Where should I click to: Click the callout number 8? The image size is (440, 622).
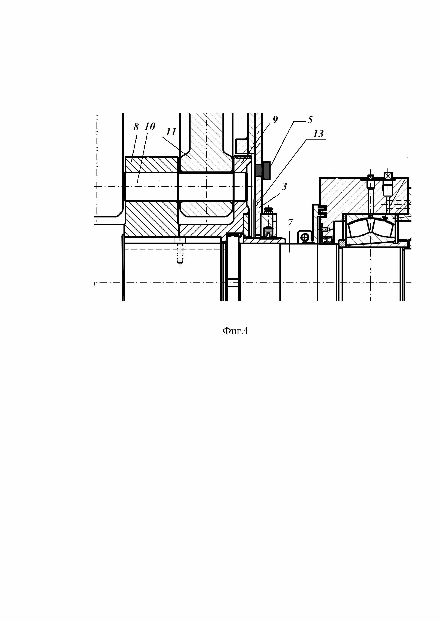coord(136,127)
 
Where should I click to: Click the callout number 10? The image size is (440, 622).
coord(150,126)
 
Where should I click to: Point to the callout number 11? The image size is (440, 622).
coord(171,132)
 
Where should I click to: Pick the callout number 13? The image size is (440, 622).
coord(318,134)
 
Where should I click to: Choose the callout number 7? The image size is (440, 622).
coord(290,222)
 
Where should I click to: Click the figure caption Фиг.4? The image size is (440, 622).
coord(235,331)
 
